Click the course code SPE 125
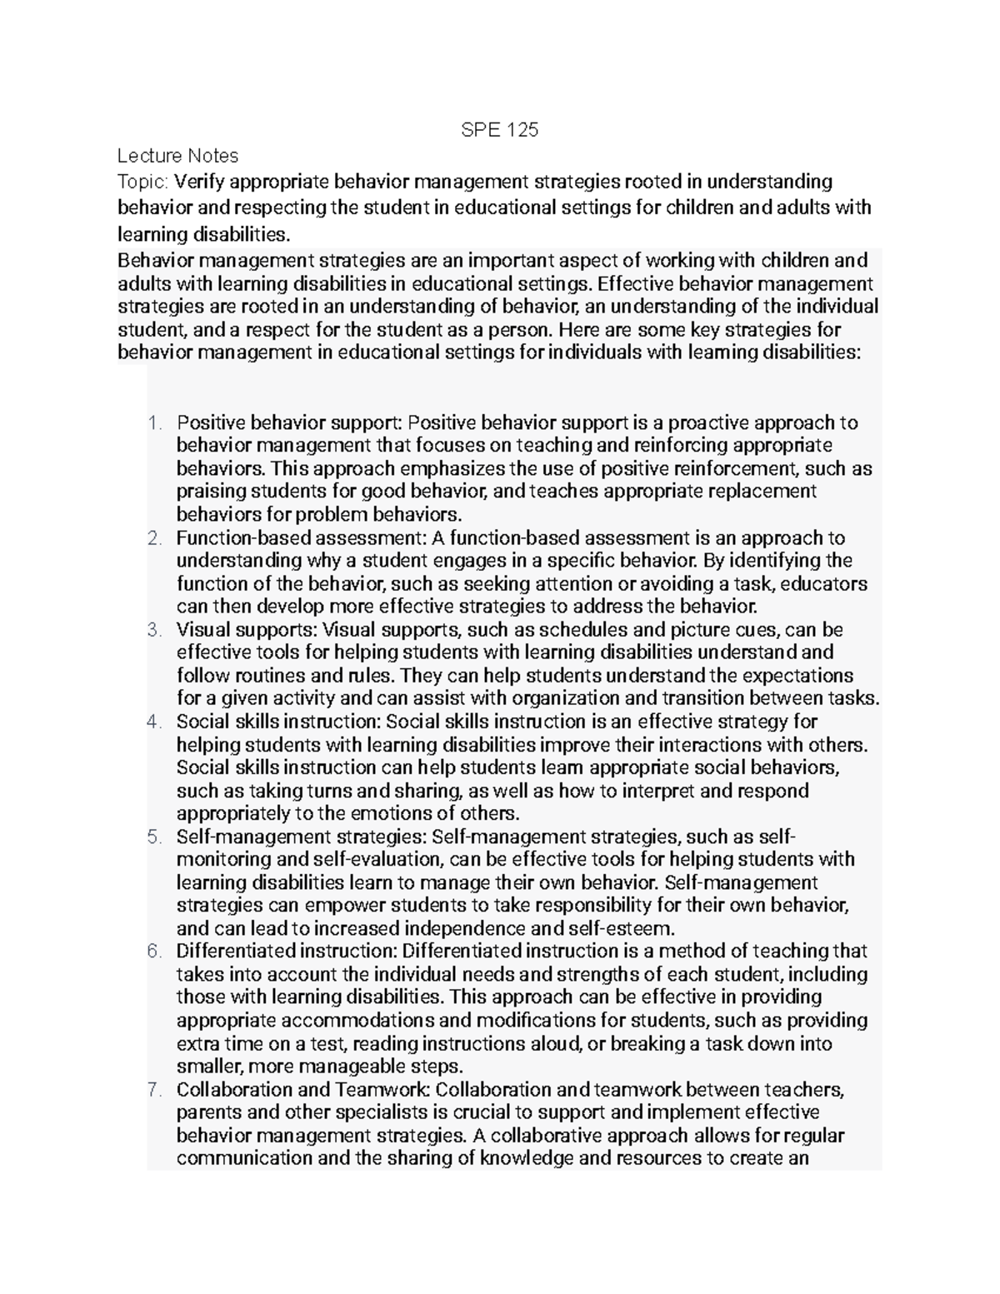500,130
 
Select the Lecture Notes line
177,156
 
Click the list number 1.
152,423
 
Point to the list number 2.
152,538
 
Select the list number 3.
152,630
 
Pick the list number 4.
152,722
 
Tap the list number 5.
152,837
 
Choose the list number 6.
152,952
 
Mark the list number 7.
152,1090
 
